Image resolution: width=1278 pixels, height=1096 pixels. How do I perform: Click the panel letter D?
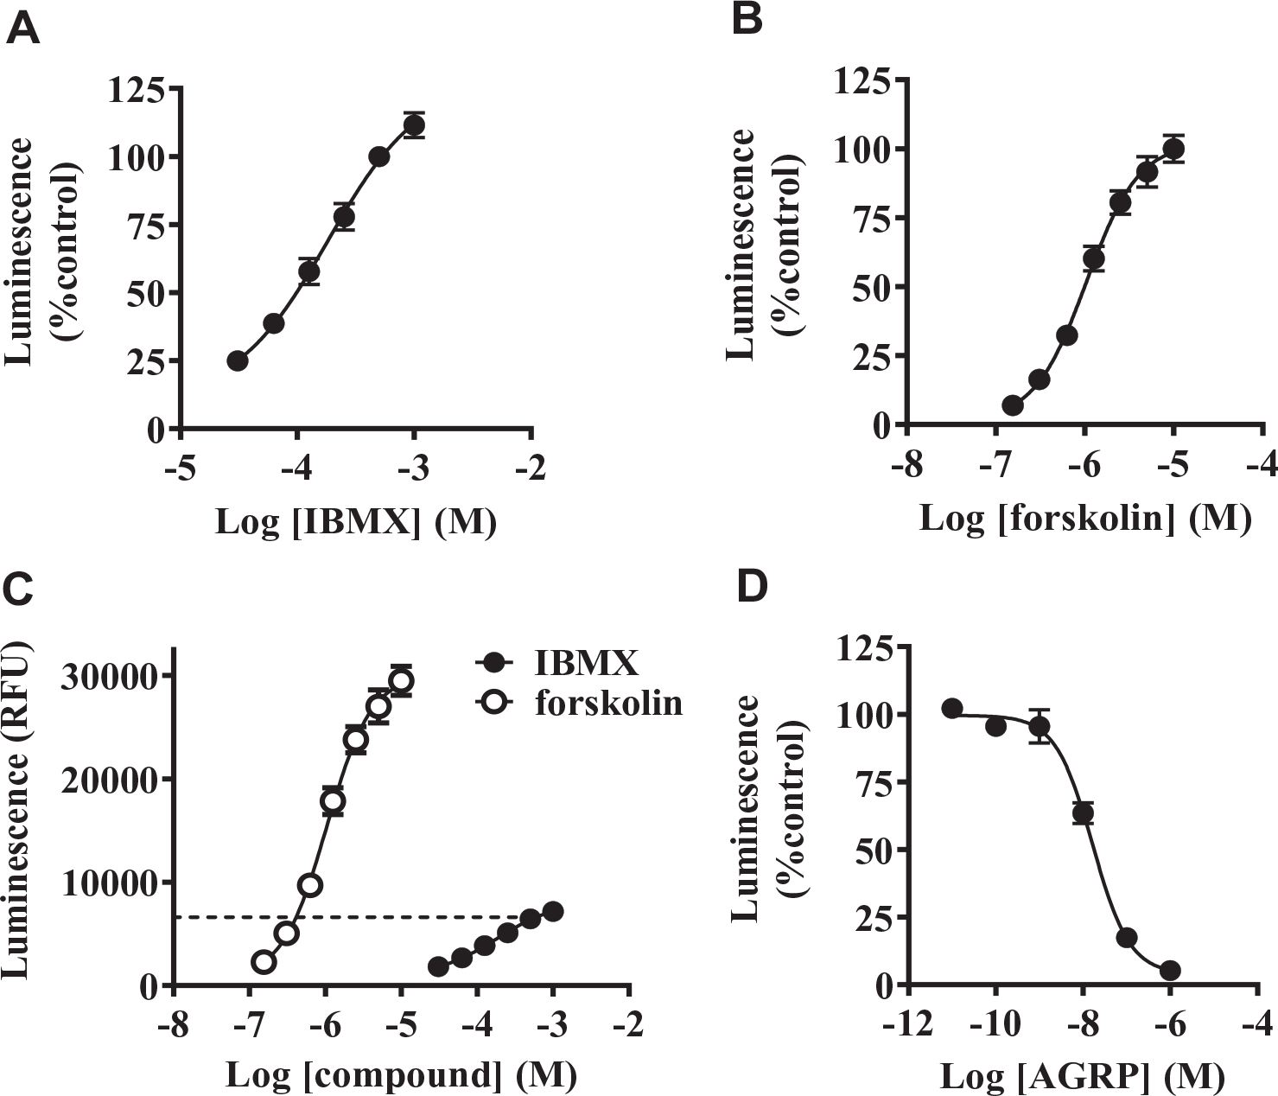[752, 588]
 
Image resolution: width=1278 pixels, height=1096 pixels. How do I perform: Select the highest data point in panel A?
[414, 125]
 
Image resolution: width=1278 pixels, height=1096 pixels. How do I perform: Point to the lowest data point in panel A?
[238, 360]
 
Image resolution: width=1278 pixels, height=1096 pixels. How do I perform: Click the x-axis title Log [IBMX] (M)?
[356, 521]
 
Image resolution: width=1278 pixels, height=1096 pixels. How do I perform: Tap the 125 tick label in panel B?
[862, 81]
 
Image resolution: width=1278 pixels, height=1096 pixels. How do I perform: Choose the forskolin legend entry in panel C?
[579, 704]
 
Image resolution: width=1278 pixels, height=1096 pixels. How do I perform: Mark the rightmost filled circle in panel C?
[553, 911]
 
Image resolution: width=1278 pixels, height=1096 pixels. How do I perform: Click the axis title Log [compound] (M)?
[401, 1074]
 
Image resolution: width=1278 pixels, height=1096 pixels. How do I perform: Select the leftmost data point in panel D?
[952, 709]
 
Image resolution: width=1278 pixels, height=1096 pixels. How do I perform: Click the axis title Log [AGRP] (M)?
[1083, 1074]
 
